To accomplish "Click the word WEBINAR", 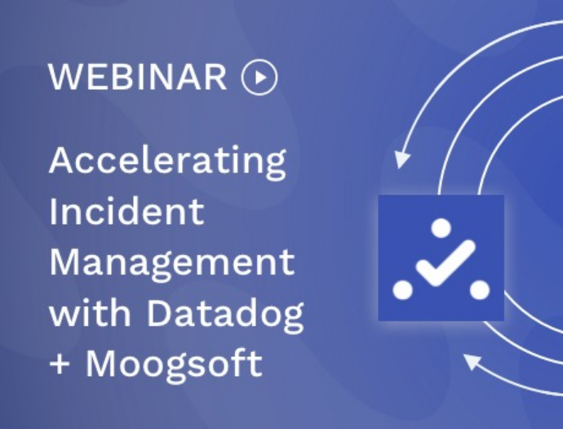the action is click(x=138, y=77).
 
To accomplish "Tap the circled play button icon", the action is click(x=259, y=77).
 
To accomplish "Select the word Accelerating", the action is click(x=167, y=162).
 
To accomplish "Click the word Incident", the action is click(x=126, y=212).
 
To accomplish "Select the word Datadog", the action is click(x=225, y=315).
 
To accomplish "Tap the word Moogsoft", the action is click(x=174, y=366).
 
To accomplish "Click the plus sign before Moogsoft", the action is click(x=60, y=364).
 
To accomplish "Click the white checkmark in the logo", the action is click(x=446, y=264).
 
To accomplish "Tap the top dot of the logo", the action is click(x=441, y=228).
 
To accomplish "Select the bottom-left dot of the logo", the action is click(x=402, y=290).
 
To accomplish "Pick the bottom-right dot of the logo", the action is click(x=480, y=290).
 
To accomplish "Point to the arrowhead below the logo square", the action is click(x=472, y=361).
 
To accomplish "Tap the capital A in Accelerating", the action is click(x=62, y=160).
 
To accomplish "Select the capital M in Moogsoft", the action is click(x=101, y=363).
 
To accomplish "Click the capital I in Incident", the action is click(x=52, y=212).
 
